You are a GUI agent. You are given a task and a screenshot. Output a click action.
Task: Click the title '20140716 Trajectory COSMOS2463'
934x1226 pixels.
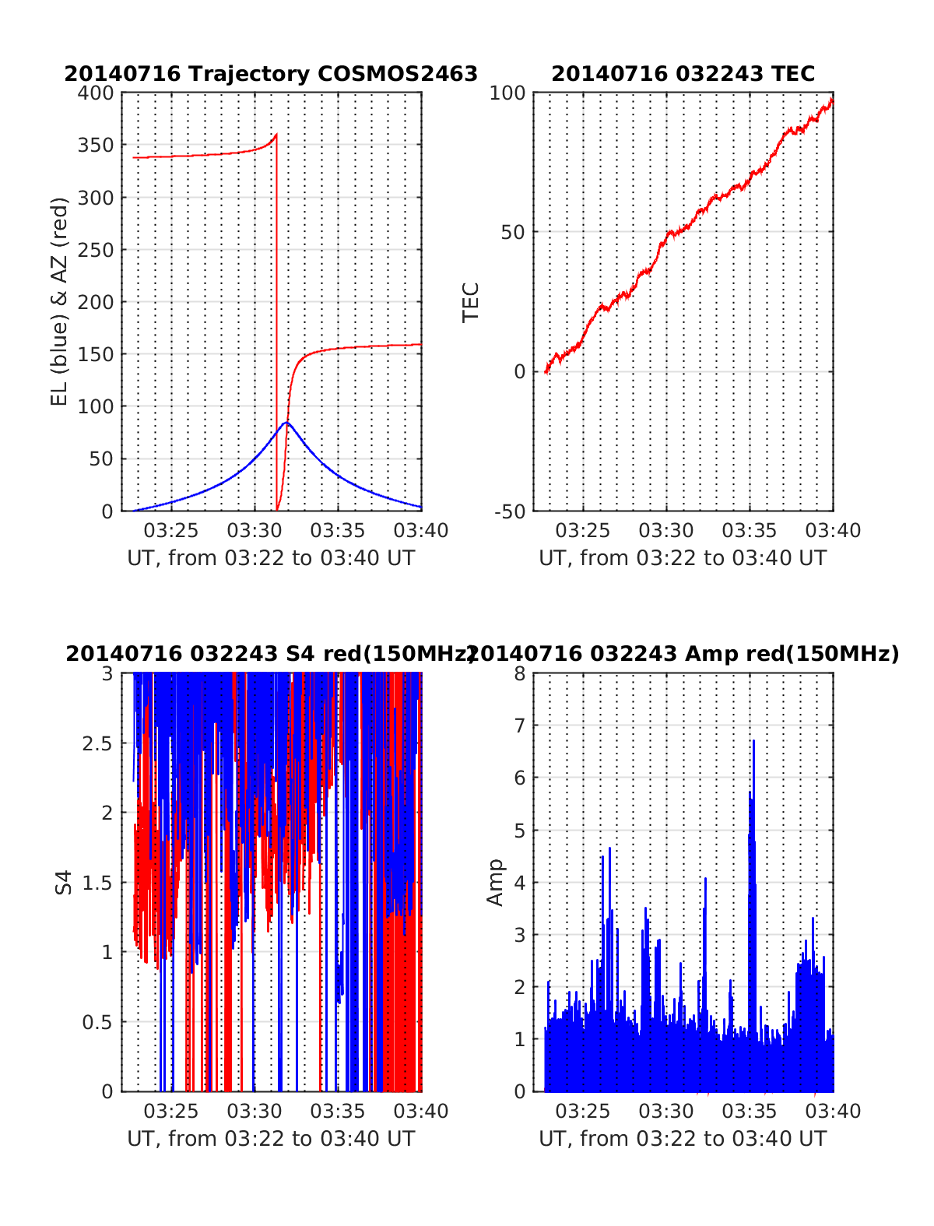click(x=271, y=74)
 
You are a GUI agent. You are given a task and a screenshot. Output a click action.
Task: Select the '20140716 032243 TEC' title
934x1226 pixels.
click(x=683, y=74)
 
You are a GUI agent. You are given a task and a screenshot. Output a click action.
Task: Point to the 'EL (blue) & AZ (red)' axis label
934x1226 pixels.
click(x=60, y=301)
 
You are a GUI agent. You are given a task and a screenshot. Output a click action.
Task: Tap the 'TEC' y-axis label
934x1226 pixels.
click(x=471, y=302)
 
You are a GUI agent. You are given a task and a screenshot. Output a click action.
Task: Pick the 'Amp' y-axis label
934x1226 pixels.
click(x=495, y=882)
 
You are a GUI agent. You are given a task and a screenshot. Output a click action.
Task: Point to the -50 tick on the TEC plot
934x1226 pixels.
click(x=510, y=511)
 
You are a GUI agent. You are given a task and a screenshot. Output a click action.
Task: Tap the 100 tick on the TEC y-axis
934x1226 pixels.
click(x=507, y=93)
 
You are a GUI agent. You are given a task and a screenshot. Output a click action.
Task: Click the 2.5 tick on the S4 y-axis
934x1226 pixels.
click(x=97, y=743)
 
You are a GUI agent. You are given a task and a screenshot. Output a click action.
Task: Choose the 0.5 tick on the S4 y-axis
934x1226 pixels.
click(x=97, y=1022)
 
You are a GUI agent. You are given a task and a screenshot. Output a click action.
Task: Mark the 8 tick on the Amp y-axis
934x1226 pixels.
click(x=520, y=674)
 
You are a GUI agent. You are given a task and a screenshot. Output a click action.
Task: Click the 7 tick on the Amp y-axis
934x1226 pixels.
click(x=520, y=726)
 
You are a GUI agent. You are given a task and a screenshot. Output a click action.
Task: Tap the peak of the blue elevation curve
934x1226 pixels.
click(x=286, y=423)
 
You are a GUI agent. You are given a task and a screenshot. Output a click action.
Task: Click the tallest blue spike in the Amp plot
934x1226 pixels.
click(x=753, y=741)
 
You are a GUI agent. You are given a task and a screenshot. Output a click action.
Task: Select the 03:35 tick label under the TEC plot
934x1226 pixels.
click(x=749, y=531)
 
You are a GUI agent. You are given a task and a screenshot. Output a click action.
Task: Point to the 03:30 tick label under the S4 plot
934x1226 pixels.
click(x=254, y=1112)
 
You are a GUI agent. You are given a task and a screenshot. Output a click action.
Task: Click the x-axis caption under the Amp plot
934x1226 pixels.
click(x=683, y=1139)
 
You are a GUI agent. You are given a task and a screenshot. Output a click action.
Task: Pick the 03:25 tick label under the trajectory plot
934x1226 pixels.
click(x=171, y=531)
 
